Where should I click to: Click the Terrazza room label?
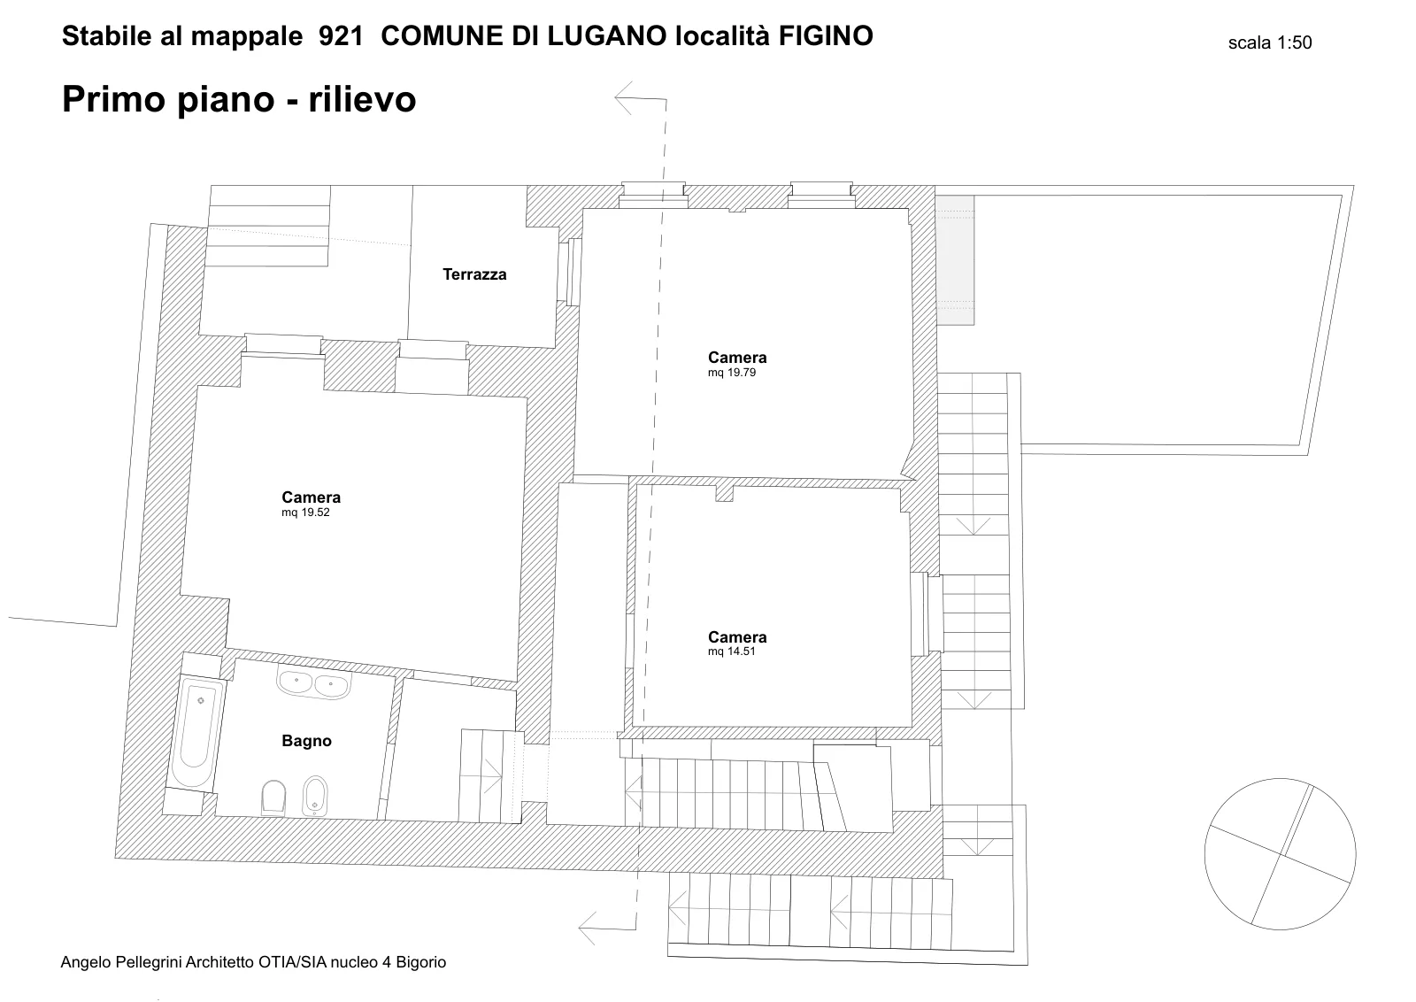point(474,274)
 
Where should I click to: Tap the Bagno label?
point(306,741)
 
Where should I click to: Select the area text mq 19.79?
point(731,373)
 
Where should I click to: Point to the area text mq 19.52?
point(305,512)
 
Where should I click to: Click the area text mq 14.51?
point(731,651)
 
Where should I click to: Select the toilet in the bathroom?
point(273,798)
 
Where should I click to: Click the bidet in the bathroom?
point(315,796)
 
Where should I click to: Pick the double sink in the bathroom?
point(314,684)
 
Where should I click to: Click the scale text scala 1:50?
point(1269,42)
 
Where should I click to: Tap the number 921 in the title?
point(341,36)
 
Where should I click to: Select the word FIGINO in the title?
point(826,36)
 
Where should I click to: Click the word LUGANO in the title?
point(607,36)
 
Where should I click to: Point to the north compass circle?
point(1280,778)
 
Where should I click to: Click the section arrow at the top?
point(641,98)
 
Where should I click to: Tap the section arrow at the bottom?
point(607,929)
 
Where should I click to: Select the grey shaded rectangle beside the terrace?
point(955,260)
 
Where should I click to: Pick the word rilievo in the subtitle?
point(362,99)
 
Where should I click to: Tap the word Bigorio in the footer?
point(421,962)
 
